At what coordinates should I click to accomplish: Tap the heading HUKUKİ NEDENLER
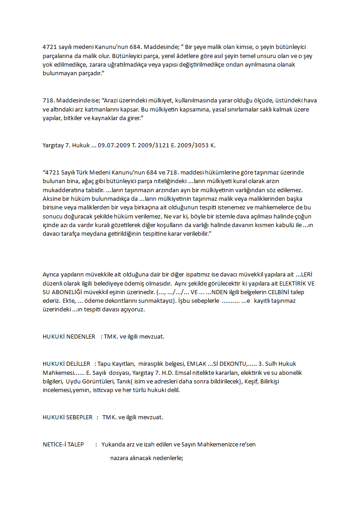point(69,337)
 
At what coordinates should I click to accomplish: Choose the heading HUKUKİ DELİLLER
point(67,364)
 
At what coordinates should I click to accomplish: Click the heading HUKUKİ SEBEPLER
point(68,417)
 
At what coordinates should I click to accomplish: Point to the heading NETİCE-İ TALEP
point(63,445)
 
